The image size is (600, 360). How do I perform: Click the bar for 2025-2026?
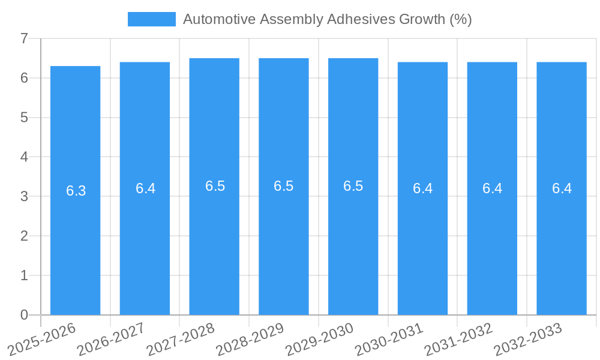[x=75, y=240]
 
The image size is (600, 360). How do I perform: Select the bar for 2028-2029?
[x=284, y=240]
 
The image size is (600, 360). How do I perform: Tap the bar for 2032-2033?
[x=562, y=240]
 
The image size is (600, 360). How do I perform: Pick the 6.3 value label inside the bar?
[x=76, y=191]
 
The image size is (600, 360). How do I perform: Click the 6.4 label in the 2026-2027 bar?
[x=145, y=188]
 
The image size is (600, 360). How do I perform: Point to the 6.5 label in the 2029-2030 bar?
[x=353, y=186]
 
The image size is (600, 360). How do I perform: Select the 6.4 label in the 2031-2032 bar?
[x=492, y=188]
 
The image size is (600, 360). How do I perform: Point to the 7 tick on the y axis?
[x=25, y=38]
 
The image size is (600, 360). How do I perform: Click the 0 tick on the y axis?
[x=25, y=315]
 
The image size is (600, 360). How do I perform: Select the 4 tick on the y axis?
[x=25, y=157]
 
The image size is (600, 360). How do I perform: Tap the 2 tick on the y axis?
[x=25, y=236]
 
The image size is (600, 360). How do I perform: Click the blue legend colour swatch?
[x=152, y=19]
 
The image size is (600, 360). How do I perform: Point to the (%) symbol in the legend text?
[x=460, y=19]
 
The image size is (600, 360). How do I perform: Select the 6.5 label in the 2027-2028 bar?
[x=215, y=186]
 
